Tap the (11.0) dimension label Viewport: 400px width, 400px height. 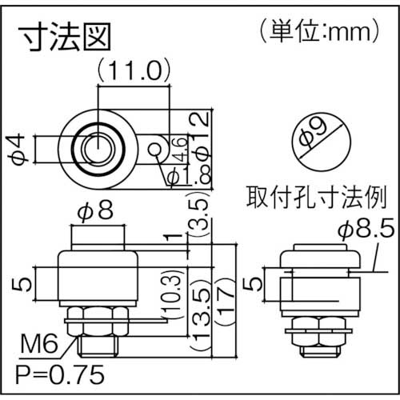tap(133, 73)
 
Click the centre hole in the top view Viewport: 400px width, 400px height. tap(98, 146)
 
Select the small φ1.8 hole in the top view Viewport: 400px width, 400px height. tap(157, 146)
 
